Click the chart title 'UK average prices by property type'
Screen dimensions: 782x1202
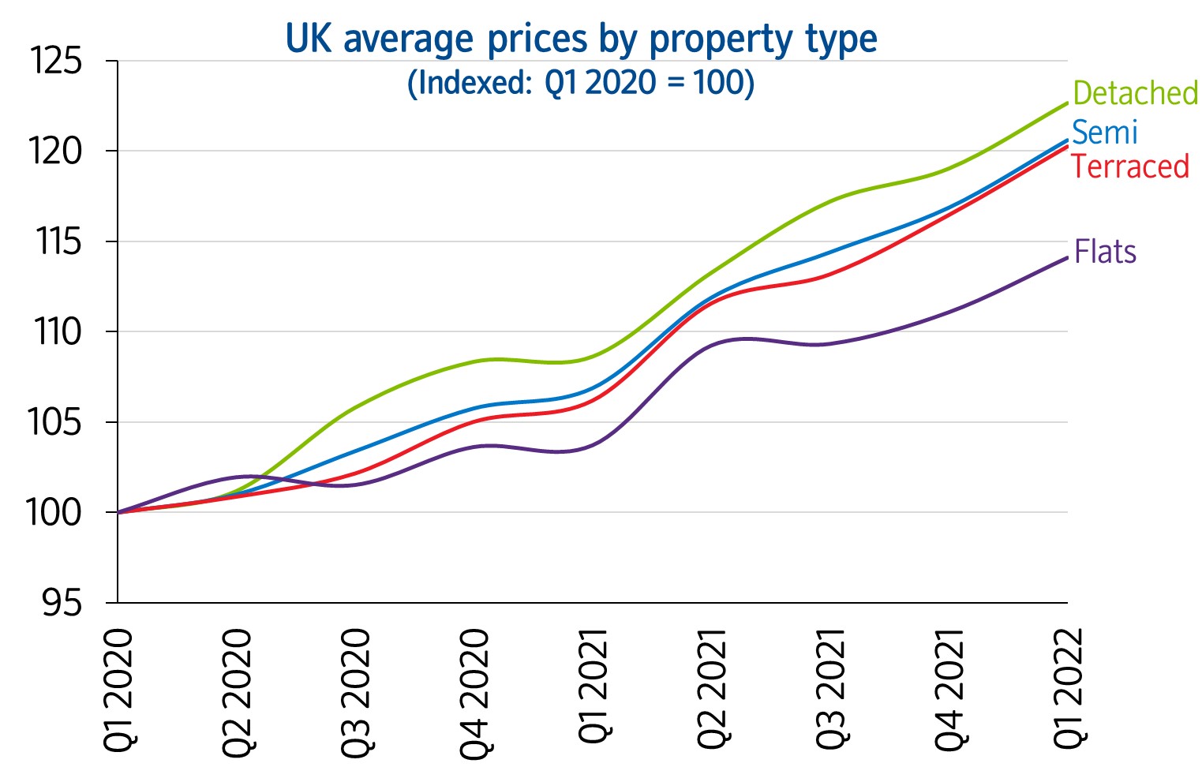click(581, 39)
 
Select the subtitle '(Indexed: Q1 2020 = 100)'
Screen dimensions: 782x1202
click(581, 83)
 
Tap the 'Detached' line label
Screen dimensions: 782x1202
click(1136, 93)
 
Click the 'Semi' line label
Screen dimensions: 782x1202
click(1104, 133)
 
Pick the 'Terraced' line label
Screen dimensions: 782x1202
click(1129, 167)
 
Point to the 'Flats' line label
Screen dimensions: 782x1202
click(1105, 253)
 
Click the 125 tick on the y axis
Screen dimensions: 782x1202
click(55, 61)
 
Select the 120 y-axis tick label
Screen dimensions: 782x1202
click(55, 152)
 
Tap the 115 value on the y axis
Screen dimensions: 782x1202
click(57, 241)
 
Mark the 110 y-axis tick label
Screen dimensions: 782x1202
click(57, 332)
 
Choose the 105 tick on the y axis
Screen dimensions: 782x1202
click(55, 423)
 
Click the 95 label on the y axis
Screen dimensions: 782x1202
click(62, 604)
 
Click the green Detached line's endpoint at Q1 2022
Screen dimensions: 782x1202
click(1067, 103)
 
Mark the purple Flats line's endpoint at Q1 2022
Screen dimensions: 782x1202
click(1067, 258)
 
